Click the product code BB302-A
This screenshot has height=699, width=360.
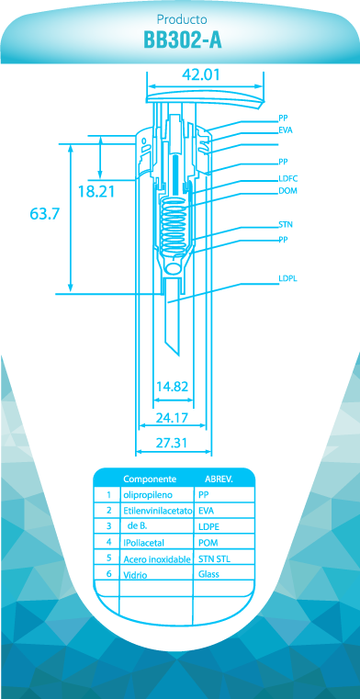coord(182,40)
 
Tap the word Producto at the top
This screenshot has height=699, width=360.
coord(182,20)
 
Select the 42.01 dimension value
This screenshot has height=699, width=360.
coord(201,74)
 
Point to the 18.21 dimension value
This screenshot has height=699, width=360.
coord(96,192)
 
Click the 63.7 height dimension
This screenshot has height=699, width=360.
coord(45,214)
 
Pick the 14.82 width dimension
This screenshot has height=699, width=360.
coord(173,387)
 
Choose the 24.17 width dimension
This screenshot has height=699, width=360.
coord(171,418)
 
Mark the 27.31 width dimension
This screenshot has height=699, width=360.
coord(171,443)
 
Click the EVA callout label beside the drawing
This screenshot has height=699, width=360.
coord(286,131)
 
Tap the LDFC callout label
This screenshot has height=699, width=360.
coord(287,179)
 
